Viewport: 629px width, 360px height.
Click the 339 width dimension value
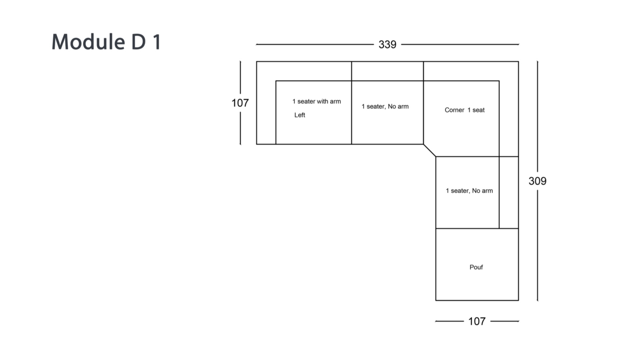tap(387, 45)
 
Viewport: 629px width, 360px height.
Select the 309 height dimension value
tap(537, 181)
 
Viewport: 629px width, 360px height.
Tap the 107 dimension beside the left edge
tap(240, 103)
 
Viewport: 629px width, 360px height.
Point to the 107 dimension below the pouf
tap(477, 321)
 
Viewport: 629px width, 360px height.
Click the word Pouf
tap(476, 267)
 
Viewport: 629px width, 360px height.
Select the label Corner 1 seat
tap(464, 110)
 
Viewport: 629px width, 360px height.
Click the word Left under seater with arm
tap(300, 115)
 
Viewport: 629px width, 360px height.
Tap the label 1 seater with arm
tap(316, 101)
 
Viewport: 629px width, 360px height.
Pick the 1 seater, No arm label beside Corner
tap(385, 106)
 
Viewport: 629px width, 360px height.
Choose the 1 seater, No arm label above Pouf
tap(469, 190)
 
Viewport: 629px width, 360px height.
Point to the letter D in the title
tap(139, 42)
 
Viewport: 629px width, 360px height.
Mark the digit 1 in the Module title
tap(157, 42)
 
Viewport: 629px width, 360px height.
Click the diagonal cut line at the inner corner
tap(430, 150)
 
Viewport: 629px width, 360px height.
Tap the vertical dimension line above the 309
tap(537, 116)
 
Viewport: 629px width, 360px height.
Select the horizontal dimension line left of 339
tap(315, 45)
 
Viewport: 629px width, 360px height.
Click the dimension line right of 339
tap(460, 45)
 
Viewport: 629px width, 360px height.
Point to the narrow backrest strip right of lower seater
tap(509, 193)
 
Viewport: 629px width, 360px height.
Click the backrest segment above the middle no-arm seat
tap(387, 71)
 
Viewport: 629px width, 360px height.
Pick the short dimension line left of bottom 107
tap(449, 321)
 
